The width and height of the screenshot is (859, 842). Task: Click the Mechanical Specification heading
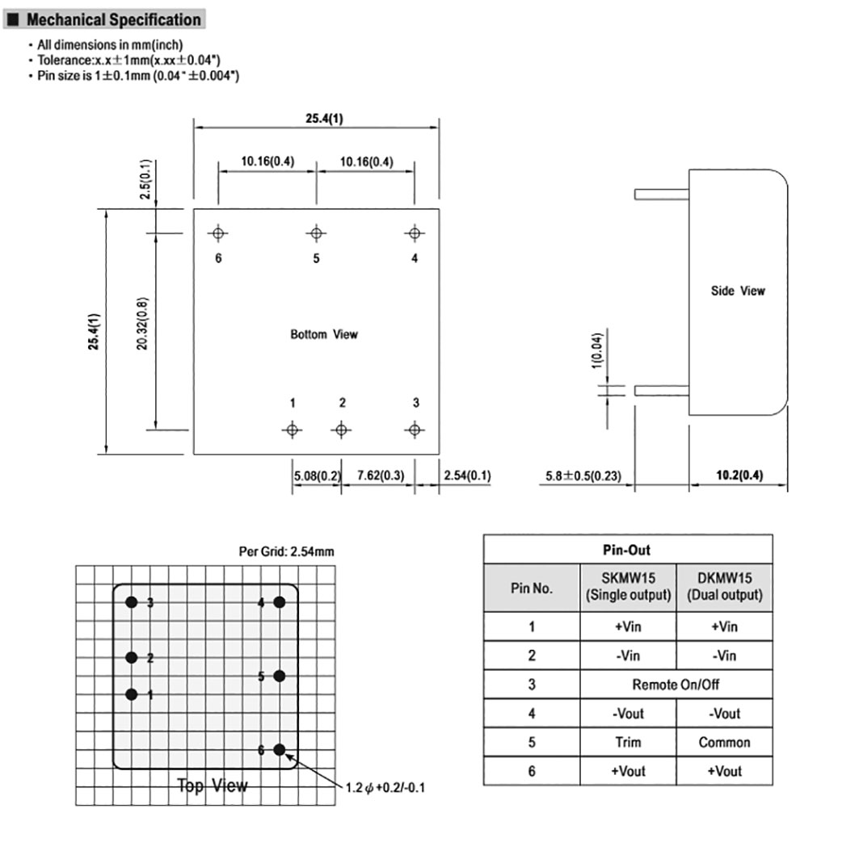pos(113,19)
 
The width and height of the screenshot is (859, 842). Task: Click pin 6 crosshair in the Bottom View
pos(218,233)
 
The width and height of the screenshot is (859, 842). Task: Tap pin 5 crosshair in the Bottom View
pos(316,233)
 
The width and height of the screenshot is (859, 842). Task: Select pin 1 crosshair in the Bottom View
pos(292,429)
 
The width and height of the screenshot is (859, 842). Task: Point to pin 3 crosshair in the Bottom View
pos(415,429)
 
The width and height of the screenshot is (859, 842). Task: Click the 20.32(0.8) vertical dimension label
pos(142,324)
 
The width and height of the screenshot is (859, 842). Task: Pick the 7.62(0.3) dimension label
pos(381,475)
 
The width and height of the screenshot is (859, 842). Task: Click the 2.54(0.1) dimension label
pos(467,475)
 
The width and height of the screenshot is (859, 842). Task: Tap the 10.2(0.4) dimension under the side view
pos(739,475)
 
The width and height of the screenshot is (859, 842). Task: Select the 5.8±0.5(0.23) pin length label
pos(583,475)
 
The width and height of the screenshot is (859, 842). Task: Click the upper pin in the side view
pos(662,194)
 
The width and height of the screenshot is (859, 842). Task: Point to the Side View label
pos(738,291)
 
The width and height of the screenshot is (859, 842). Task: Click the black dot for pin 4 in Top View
pos(280,602)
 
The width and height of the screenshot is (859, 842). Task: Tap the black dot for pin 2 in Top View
pos(132,657)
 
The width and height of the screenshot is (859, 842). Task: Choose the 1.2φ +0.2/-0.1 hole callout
pos(385,788)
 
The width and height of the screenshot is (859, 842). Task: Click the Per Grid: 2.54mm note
pos(286,551)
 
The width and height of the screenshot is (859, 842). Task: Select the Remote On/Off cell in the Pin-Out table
pos(676,685)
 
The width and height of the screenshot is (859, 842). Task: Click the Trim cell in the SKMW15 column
pos(628,743)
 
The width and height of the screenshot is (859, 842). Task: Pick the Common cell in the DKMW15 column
pos(724,743)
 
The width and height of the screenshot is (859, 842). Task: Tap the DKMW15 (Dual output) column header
pos(725,586)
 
